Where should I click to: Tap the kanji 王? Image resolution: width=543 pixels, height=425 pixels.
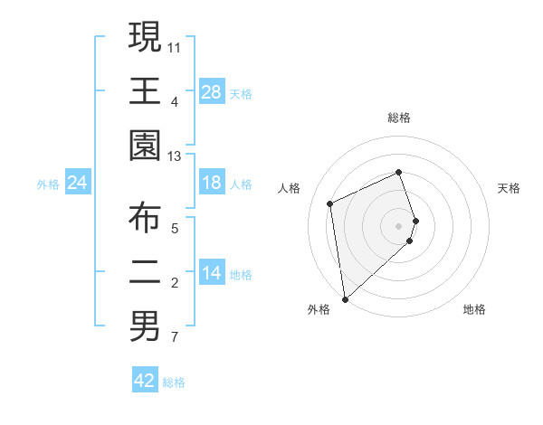click(146, 91)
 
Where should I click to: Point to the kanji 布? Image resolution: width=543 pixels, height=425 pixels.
click(146, 217)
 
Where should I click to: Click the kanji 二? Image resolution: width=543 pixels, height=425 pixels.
click(146, 272)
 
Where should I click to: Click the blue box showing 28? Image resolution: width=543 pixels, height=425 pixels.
click(211, 92)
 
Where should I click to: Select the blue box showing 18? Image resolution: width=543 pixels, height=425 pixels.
click(211, 184)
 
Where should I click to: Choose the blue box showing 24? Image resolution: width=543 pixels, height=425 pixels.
click(78, 184)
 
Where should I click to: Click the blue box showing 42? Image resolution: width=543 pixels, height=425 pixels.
click(145, 381)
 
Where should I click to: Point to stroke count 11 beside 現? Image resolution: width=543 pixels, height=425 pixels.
click(175, 45)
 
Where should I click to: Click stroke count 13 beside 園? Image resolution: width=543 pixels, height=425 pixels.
click(175, 156)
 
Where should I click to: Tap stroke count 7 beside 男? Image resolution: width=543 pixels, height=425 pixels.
click(175, 338)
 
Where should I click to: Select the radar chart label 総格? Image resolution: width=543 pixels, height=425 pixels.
click(399, 118)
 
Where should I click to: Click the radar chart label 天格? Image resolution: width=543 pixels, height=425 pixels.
click(510, 188)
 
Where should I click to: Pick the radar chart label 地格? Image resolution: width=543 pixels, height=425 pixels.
click(474, 309)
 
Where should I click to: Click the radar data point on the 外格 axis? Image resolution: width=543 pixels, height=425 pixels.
click(345, 299)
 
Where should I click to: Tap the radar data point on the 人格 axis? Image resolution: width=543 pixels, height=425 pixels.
click(330, 203)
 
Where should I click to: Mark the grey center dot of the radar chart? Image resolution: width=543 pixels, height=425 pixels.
click(399, 225)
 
